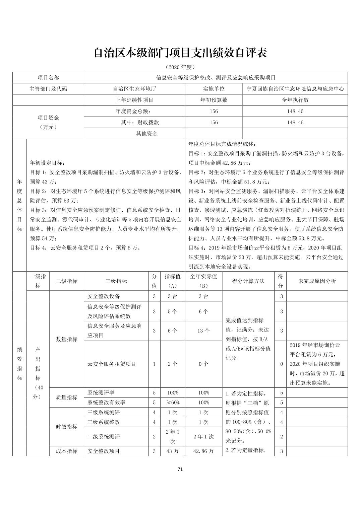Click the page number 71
[180, 469]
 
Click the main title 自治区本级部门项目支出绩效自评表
[180, 53]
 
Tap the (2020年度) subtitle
[180, 67]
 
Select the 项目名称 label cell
[48, 78]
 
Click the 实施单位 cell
[214, 89]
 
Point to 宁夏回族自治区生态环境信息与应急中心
[295, 89]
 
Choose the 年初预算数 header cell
[214, 100]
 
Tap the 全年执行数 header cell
[295, 100]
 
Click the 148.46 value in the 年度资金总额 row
[295, 111]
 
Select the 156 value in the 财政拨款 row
[214, 123]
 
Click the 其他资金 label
[146, 134]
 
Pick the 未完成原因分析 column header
[317, 281]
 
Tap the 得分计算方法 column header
[248, 281]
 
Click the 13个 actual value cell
[203, 331]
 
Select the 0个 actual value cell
[203, 364]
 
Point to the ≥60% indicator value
[173, 403]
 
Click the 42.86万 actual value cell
[203, 451]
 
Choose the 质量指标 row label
[66, 397]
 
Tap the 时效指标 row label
[66, 427]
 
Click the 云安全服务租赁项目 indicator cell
[112, 364]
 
